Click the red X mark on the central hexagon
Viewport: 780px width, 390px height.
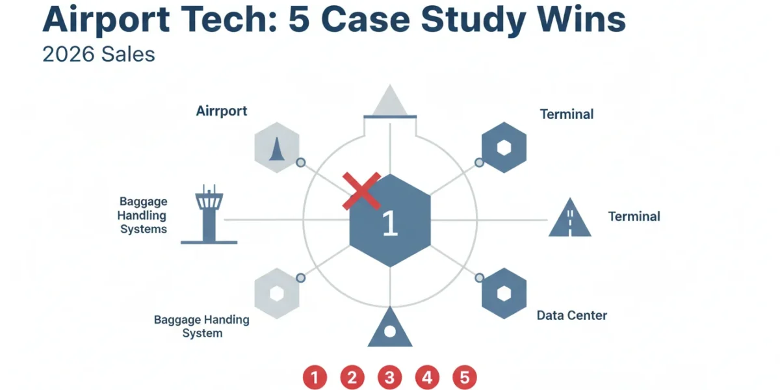point(361,191)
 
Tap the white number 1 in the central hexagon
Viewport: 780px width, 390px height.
point(390,223)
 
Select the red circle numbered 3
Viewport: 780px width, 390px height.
point(389,377)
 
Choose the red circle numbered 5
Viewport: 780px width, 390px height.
point(465,377)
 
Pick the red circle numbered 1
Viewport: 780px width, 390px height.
point(315,377)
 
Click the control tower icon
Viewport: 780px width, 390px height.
point(209,214)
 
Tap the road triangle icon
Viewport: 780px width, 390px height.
point(569,217)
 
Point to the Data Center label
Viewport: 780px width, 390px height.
point(572,315)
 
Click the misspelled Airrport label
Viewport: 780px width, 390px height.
point(222,111)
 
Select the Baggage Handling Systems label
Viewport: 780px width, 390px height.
point(142,215)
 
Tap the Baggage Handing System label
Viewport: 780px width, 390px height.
point(201,326)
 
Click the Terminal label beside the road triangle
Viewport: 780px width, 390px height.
point(634,216)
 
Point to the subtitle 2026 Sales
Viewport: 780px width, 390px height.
point(99,55)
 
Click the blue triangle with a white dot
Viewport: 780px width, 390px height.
point(390,327)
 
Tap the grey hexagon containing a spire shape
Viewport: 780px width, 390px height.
point(277,148)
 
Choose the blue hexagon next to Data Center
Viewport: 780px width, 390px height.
point(504,293)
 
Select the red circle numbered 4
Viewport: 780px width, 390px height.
point(427,377)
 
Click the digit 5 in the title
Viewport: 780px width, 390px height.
point(299,19)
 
